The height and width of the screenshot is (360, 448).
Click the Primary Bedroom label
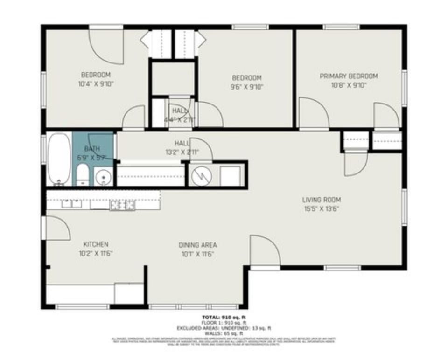point(349,76)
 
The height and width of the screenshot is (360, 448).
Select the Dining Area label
point(197,245)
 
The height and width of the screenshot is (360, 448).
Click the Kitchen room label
point(96,244)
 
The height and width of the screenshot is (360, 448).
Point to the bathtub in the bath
point(59,159)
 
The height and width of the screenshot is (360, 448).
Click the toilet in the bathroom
point(83,174)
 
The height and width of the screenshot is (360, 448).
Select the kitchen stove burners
point(122,204)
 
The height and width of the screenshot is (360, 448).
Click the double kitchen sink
point(71,203)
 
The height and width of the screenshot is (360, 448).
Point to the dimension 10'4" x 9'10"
point(96,84)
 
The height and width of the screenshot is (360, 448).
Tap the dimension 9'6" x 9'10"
point(246,87)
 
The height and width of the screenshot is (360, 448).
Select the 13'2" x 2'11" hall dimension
point(182,152)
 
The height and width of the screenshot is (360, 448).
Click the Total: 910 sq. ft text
point(224,318)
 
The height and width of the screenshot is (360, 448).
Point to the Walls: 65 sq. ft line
point(224,333)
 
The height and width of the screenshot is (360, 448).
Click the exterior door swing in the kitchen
point(57,228)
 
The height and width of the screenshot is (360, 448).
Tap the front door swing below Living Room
point(265,252)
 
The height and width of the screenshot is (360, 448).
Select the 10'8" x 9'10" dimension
point(349,85)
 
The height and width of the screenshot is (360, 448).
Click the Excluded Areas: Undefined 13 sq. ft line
point(224,328)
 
